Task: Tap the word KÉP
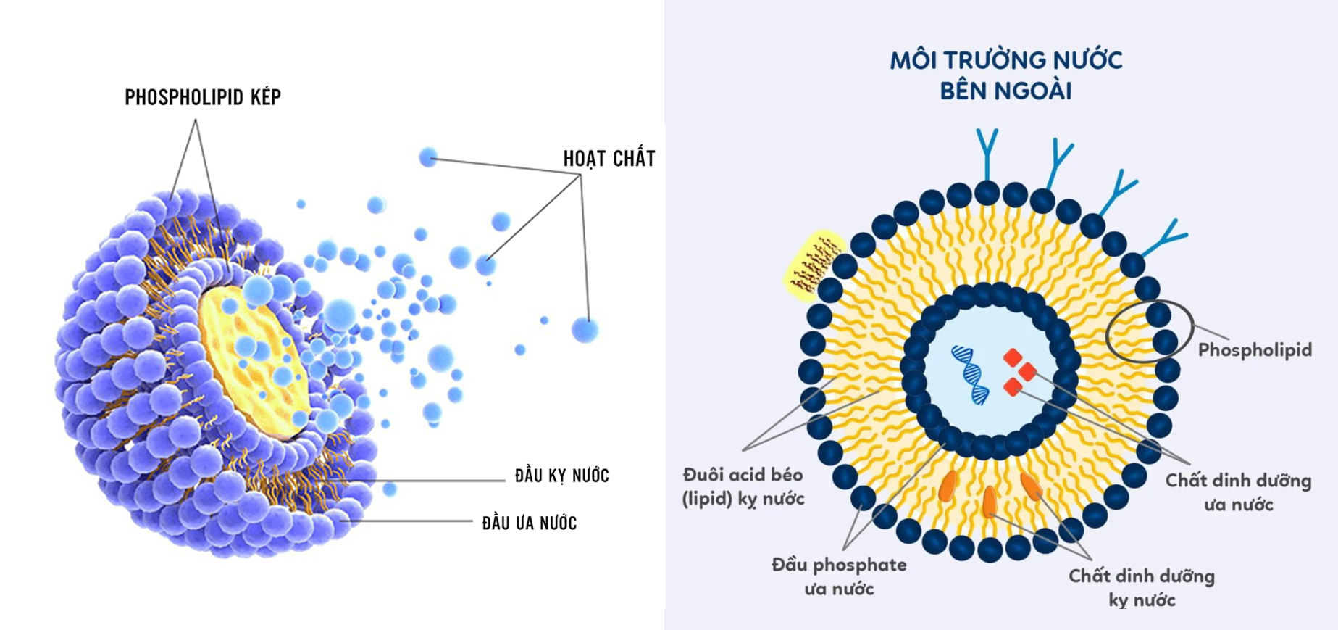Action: click(x=266, y=97)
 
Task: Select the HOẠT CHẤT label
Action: click(x=609, y=159)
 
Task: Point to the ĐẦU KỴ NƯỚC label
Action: click(x=561, y=476)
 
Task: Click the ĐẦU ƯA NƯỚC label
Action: click(x=530, y=523)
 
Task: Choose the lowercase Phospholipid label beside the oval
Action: click(x=1255, y=350)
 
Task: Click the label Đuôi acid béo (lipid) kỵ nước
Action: click(x=743, y=486)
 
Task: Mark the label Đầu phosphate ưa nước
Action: click(x=839, y=576)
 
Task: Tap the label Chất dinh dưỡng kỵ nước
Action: click(x=1142, y=588)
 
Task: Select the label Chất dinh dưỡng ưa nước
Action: click(x=1238, y=492)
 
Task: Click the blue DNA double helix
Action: click(x=970, y=374)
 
